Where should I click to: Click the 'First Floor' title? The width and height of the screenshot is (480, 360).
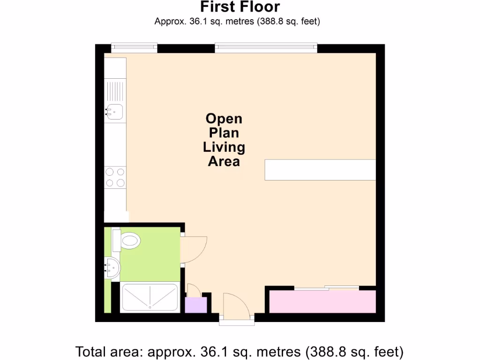click(x=240, y=7)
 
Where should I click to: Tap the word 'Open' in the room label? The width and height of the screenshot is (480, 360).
click(x=224, y=119)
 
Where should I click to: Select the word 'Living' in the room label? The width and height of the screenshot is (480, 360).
click(x=224, y=147)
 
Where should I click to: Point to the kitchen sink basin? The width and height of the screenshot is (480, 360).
click(x=114, y=112)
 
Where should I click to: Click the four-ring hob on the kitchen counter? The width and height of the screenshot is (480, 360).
click(x=115, y=177)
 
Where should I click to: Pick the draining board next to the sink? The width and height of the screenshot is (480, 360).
click(x=115, y=91)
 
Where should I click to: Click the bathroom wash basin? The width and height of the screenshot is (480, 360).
click(x=112, y=269)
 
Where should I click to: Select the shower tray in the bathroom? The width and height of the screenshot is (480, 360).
click(x=150, y=297)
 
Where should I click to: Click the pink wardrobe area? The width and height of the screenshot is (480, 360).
click(x=322, y=301)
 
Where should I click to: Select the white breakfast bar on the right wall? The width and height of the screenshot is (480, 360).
click(x=320, y=170)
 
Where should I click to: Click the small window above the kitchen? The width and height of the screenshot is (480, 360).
click(x=134, y=47)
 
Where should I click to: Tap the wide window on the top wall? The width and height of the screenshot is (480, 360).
click(x=266, y=47)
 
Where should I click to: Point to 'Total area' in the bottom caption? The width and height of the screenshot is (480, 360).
click(x=110, y=351)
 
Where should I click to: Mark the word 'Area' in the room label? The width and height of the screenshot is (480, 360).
click(x=224, y=161)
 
